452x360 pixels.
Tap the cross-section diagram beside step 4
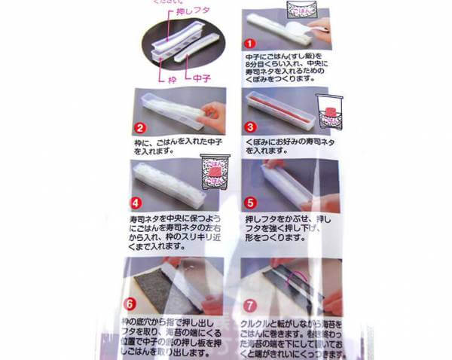216,175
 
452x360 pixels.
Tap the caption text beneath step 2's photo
169,145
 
